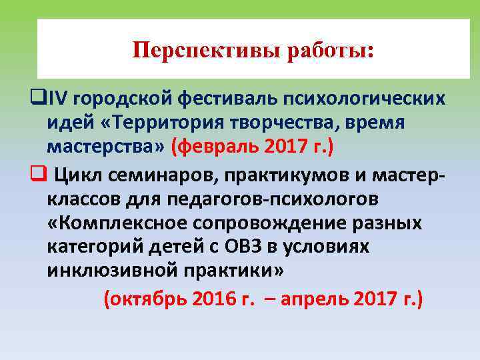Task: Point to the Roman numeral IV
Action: click(59, 99)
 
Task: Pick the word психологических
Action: click(363, 100)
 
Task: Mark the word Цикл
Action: click(75, 175)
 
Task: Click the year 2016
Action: click(214, 299)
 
